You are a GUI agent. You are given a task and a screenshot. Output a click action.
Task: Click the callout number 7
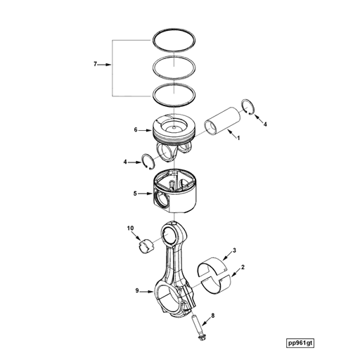pos(95,64)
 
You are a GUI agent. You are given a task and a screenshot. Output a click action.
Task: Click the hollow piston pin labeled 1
pos(222,121)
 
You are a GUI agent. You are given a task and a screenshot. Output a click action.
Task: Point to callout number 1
pos(238,139)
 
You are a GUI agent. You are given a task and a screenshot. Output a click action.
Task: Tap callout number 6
pos(136,129)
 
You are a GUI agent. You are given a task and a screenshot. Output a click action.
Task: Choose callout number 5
pos(135,194)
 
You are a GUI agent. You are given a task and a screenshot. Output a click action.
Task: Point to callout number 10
pos(131,229)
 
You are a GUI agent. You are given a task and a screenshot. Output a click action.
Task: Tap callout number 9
pos(137,291)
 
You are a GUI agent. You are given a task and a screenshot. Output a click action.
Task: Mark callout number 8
pos(213,316)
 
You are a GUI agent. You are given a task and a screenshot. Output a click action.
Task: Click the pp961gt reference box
pos(300,343)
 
